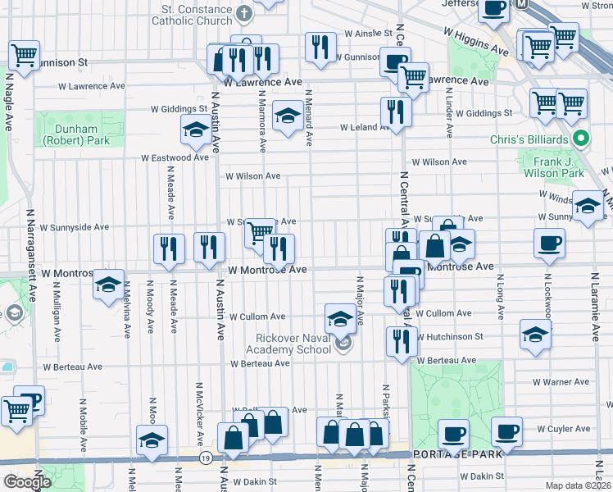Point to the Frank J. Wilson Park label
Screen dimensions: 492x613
click(x=553, y=167)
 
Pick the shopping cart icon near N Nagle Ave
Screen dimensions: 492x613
click(x=24, y=56)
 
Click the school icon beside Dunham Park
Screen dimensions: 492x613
click(x=196, y=129)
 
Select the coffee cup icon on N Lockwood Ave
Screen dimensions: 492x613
click(x=548, y=243)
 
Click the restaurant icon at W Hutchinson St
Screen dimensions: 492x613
click(x=401, y=341)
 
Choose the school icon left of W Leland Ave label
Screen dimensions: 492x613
click(x=288, y=116)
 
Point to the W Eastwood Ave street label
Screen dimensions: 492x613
click(x=175, y=157)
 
